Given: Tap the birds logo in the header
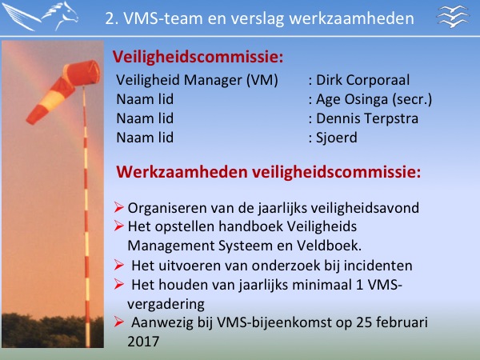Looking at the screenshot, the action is [x=453, y=16].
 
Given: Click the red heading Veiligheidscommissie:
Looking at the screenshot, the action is [x=198, y=57].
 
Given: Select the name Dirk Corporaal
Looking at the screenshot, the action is [x=362, y=80].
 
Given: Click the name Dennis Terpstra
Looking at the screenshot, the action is [x=367, y=118].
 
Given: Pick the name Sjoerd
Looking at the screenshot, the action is [x=337, y=138].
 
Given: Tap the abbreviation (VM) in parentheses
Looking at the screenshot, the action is [x=262, y=80].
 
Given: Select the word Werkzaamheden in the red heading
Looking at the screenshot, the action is [x=182, y=172].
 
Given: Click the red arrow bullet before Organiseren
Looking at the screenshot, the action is [x=118, y=207].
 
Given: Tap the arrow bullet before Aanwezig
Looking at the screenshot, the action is [x=118, y=322].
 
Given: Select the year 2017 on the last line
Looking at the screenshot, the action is [x=143, y=342].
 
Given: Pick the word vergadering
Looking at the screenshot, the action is [x=166, y=304].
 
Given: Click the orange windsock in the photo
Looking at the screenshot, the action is [x=63, y=92].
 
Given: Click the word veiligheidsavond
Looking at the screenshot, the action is [x=366, y=208].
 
